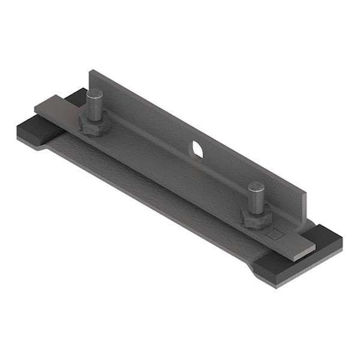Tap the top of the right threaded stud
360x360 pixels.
[256, 187]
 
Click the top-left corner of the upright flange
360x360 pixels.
[91, 72]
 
